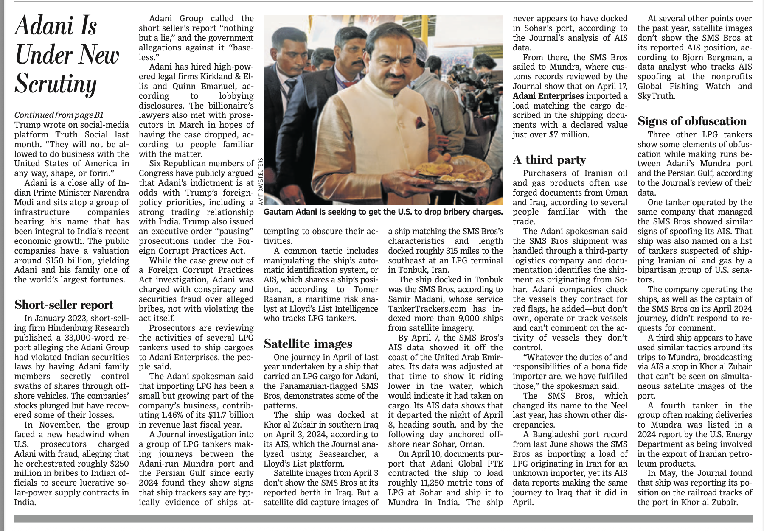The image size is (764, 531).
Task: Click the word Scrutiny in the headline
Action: pos(56,84)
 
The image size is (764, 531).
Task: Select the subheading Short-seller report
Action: pos(64,305)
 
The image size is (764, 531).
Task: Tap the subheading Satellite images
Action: pos(308,343)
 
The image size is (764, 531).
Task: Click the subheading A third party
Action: pos(549,159)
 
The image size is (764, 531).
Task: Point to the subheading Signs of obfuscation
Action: pos(692,121)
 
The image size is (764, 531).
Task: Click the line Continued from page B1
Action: pos(59,115)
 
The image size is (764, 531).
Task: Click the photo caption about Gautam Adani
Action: pos(383,211)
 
